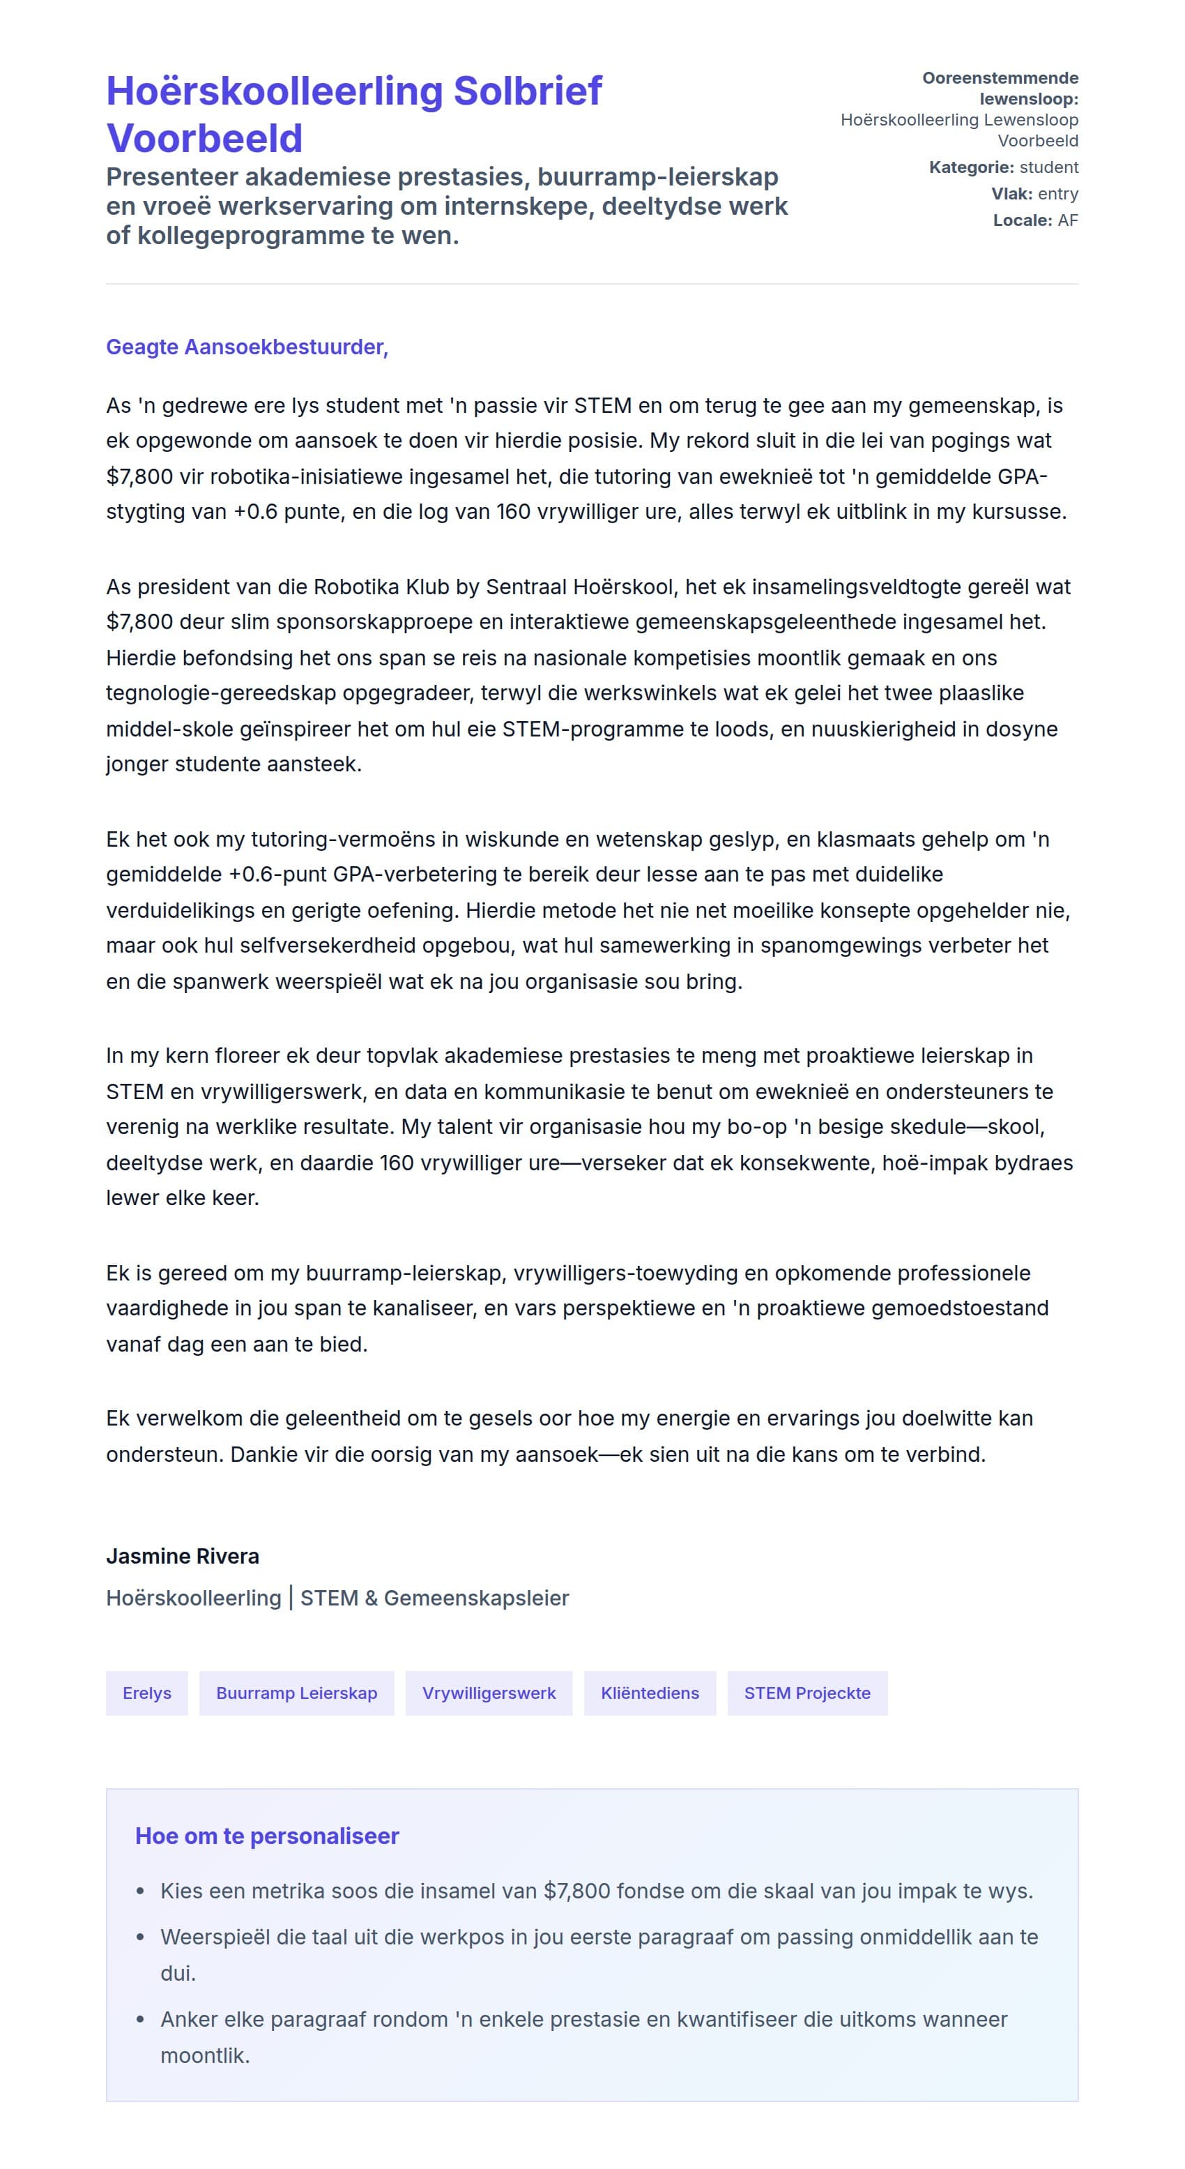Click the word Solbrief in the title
pos(527,91)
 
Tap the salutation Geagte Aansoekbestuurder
pos(247,347)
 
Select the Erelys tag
pos(146,1693)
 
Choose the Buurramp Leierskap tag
pos(296,1693)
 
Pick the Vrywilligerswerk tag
pos(489,1693)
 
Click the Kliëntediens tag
pos(650,1693)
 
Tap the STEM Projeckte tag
pos(807,1693)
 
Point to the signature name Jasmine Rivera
pos(183,1556)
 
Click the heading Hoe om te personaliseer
pos(267,1836)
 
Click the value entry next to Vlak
pos(1058,194)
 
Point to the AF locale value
pos(1068,220)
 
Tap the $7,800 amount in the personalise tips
pos(576,1891)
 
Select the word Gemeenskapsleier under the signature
pos(476,1598)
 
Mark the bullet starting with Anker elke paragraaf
pos(583,2019)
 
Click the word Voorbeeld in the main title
pos(204,138)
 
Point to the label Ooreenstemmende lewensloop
pos(1000,89)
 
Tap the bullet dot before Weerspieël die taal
pos(141,1937)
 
